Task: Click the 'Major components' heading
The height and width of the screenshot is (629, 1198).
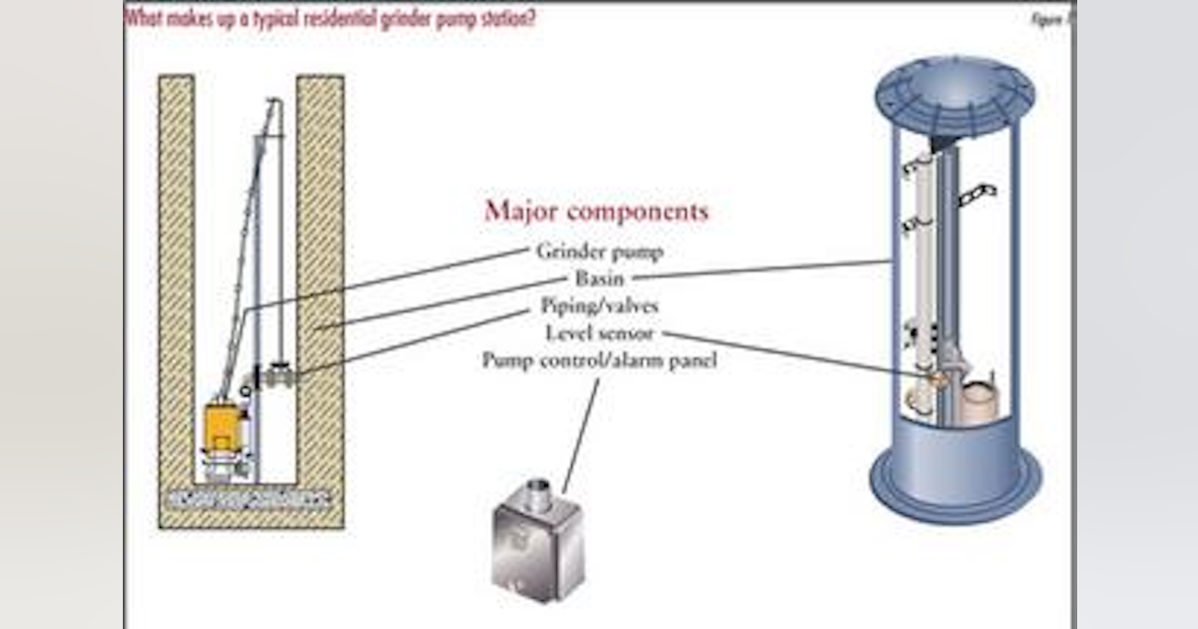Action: [596, 212]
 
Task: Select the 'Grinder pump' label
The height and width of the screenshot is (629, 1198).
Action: [599, 252]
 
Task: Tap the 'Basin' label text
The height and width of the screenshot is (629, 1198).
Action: [599, 279]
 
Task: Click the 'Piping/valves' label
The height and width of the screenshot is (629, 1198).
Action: [599, 306]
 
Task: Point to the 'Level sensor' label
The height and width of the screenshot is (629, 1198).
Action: [599, 332]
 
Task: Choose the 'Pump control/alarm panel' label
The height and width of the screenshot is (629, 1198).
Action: [599, 359]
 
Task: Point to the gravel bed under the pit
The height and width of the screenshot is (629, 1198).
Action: [250, 496]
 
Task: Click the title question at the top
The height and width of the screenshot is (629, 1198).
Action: [329, 18]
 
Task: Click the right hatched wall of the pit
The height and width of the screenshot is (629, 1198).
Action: [319, 290]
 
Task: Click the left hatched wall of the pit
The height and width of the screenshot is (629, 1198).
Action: [178, 290]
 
